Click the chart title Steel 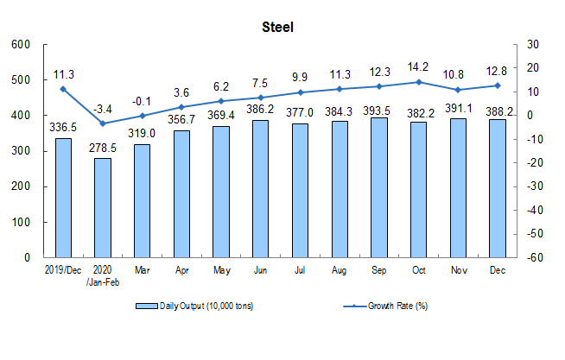(277, 28)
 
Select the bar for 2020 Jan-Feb (103, 208)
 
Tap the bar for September (379, 187)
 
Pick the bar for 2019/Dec (63, 198)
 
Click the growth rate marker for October (419, 82)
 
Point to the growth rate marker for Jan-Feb (103, 123)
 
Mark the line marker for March (143, 116)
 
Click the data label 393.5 (377, 111)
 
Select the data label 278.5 (103, 148)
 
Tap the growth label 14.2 (418, 67)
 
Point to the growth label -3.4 (103, 109)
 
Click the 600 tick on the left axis (21, 45)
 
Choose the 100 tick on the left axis (21, 222)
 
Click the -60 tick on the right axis (535, 258)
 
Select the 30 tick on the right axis (533, 45)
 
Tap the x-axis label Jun (260, 270)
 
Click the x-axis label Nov (459, 270)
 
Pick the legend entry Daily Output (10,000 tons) (194, 306)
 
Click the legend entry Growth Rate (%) (385, 306)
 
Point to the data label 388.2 (499, 111)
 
